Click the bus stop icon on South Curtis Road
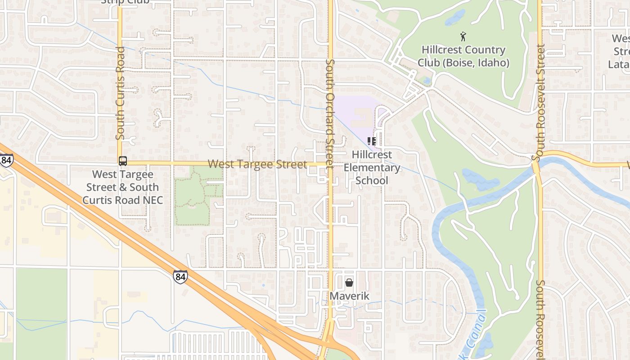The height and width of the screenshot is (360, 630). pyautogui.click(x=122, y=161)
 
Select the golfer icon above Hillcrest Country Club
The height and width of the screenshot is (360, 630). pyautogui.click(x=463, y=36)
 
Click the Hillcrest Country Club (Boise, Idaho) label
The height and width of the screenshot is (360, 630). pyautogui.click(x=463, y=56)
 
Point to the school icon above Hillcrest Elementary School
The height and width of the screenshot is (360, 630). pyautogui.click(x=372, y=141)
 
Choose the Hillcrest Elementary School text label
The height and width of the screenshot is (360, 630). pyautogui.click(x=372, y=167)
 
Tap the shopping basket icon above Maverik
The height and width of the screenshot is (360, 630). pyautogui.click(x=349, y=283)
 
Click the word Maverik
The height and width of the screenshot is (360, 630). pyautogui.click(x=349, y=296)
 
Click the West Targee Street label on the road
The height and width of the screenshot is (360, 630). pyautogui.click(x=257, y=164)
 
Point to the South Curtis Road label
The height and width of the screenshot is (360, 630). pyautogui.click(x=120, y=93)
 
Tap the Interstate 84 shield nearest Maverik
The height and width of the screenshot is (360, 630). pyautogui.click(x=180, y=276)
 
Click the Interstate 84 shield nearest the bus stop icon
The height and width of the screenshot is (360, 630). pyautogui.click(x=6, y=160)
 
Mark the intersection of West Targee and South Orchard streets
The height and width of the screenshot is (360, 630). pyautogui.click(x=330, y=164)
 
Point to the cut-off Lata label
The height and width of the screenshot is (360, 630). pyautogui.click(x=619, y=64)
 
